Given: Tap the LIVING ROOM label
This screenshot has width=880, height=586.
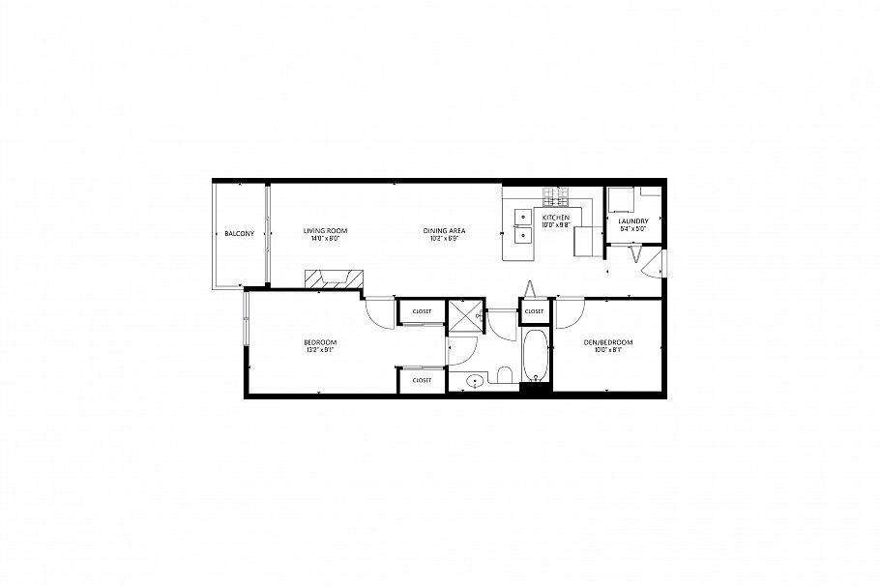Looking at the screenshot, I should (x=325, y=230).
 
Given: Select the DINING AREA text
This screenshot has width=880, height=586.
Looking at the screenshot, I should (x=445, y=230).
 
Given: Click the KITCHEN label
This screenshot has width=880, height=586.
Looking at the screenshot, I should (x=555, y=219).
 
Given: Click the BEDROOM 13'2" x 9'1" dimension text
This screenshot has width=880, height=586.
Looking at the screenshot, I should (x=320, y=350).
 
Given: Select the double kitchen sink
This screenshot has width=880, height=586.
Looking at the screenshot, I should (x=523, y=225).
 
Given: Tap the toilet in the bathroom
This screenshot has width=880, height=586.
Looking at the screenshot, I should (x=503, y=375).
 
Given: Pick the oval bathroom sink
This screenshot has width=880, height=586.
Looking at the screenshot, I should (x=474, y=381).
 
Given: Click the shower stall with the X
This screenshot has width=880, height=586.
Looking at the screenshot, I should (x=466, y=316).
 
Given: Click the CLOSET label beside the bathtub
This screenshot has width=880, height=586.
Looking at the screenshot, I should (x=534, y=311).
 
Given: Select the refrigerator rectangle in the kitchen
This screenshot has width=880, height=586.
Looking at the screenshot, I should (x=586, y=241).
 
